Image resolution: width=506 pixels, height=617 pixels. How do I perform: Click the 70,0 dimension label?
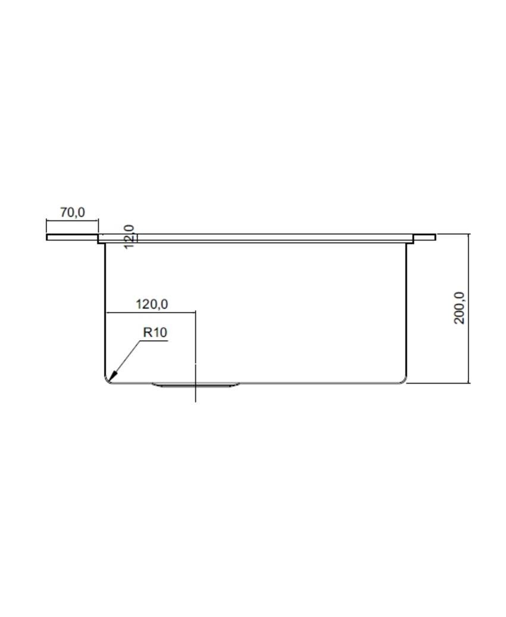73,213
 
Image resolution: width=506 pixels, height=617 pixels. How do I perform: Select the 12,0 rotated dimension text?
129,236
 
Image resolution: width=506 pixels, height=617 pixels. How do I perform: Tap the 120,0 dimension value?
152,304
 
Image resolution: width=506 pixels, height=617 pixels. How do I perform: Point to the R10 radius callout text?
155,332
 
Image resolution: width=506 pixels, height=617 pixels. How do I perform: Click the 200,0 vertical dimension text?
459,308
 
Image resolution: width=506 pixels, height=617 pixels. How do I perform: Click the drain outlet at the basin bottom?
195,385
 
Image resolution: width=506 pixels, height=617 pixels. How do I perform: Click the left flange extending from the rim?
73,237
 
